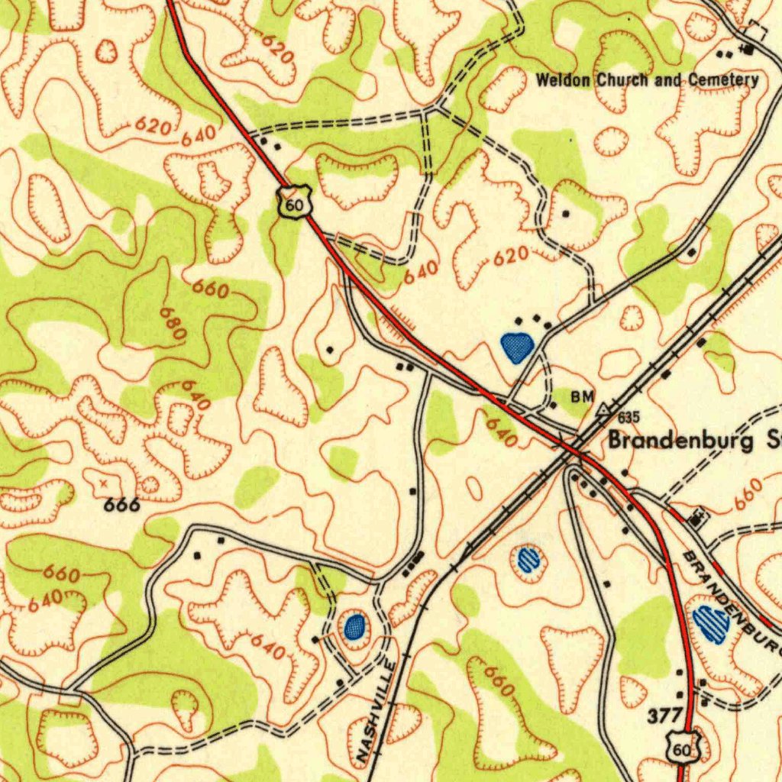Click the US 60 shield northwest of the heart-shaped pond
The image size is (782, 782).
(295, 202)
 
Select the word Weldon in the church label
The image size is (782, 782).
(564, 80)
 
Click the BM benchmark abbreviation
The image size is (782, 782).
(582, 396)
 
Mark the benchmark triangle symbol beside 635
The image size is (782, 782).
(605, 410)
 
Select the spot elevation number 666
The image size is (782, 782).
(122, 505)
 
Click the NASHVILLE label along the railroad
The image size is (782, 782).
(376, 710)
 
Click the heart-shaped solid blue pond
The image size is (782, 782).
(517, 347)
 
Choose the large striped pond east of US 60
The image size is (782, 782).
(710, 622)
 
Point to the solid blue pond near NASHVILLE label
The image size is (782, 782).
(354, 627)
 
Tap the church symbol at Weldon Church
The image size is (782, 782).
(748, 50)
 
